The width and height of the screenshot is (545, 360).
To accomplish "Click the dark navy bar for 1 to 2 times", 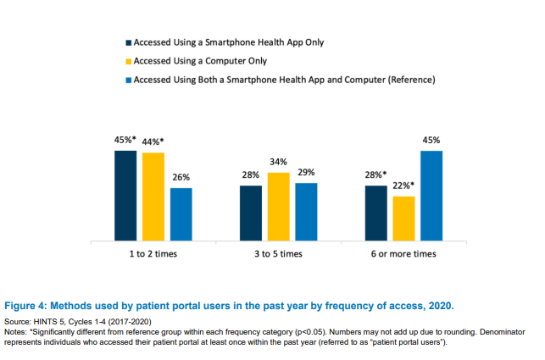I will pyautogui.click(x=125, y=196).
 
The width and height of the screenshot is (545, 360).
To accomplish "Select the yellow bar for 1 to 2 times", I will pyautogui.click(x=153, y=197).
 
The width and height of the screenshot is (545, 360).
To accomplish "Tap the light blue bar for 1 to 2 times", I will pyautogui.click(x=181, y=215).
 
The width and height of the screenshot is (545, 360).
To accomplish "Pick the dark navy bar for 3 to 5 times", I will pyautogui.click(x=251, y=213).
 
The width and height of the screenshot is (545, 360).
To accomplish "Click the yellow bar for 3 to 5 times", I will pyautogui.click(x=279, y=208).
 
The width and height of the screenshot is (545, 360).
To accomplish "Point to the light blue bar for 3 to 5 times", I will pyautogui.click(x=306, y=213).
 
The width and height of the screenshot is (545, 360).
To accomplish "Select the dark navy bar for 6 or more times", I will pyautogui.click(x=376, y=213).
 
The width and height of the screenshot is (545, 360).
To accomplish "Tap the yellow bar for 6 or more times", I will pyautogui.click(x=404, y=219).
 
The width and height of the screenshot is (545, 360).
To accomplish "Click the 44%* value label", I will pyautogui.click(x=153, y=142).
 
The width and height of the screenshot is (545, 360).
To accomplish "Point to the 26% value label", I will pyautogui.click(x=181, y=178).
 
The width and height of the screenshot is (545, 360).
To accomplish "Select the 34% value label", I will pyautogui.click(x=279, y=162).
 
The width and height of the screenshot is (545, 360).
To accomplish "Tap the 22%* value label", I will pyautogui.click(x=404, y=186).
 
